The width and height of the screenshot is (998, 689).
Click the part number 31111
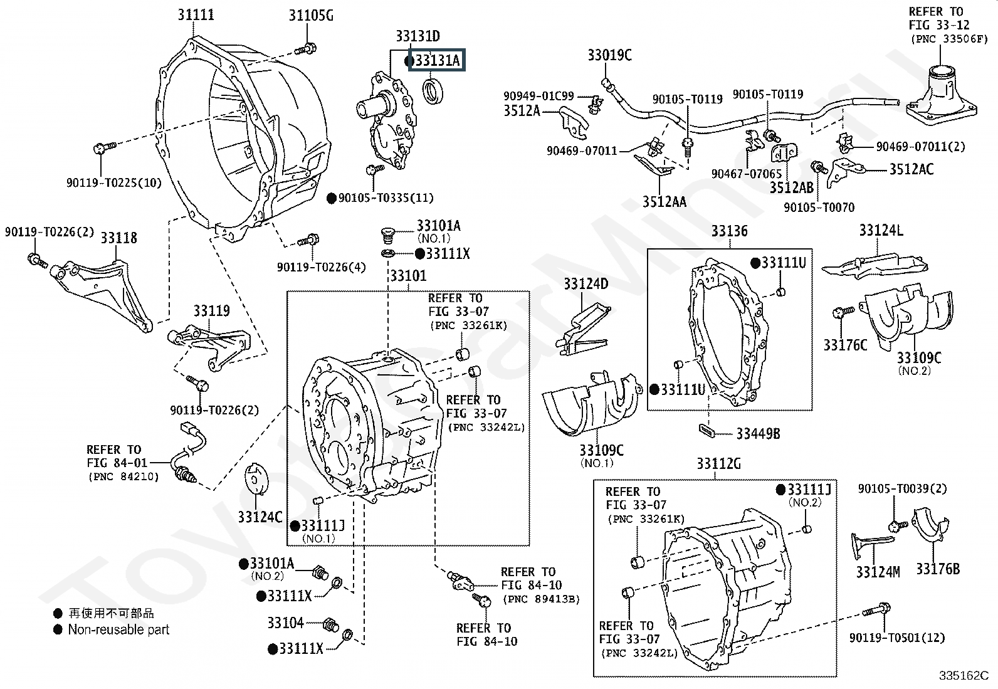196,14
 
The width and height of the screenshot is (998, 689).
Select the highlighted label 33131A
438,61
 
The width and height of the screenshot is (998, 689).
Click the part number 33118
118,238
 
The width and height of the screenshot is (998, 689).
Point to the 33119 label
211,311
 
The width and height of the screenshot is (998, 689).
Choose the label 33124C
260,517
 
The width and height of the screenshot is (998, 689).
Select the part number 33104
285,623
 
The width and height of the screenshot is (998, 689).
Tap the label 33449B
757,433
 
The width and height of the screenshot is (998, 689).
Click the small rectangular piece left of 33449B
706,430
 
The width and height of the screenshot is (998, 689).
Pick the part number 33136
729,231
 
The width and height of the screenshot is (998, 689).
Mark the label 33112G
718,464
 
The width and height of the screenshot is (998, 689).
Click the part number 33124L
881,231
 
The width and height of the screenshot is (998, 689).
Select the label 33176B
937,569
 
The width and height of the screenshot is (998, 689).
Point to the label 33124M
878,571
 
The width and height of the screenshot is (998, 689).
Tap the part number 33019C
609,55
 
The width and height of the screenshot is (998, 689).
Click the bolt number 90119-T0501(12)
896,638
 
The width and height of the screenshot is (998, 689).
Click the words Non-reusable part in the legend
118,629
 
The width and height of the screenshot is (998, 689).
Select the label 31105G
311,15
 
